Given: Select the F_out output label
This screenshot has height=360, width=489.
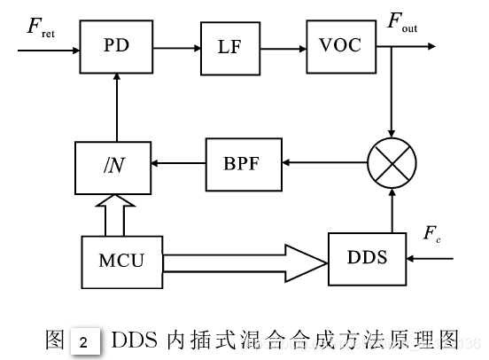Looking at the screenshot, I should tap(402, 23).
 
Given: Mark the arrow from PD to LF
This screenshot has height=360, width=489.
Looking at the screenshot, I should tap(175, 46).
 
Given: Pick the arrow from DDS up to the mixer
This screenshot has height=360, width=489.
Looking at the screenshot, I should tap(393, 209).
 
